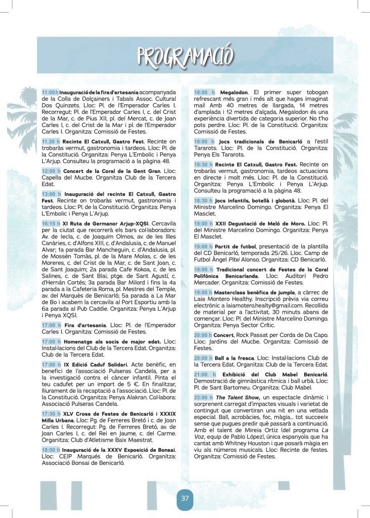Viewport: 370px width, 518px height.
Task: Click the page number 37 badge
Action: pyautogui.click(x=185, y=498)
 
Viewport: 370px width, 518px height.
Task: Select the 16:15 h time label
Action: pyautogui.click(x=51, y=223)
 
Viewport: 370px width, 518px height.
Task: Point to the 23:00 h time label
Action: pyautogui.click(x=203, y=397)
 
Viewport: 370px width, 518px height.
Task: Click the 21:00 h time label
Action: pyautogui.click(x=204, y=374)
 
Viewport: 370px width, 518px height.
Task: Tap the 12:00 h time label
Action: pyautogui.click(x=51, y=171)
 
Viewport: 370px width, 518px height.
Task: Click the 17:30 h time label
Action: pyautogui.click(x=51, y=413)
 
